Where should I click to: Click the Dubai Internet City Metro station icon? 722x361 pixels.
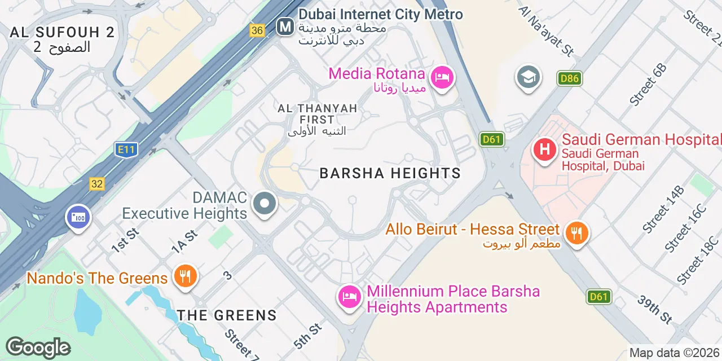(x=285, y=27)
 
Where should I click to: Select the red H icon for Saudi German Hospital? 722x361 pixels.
(x=544, y=150)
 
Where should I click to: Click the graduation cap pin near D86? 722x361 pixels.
(x=528, y=78)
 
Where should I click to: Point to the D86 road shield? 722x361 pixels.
(x=569, y=78)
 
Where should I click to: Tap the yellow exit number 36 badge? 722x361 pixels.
(x=257, y=30)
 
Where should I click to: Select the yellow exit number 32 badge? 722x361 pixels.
(x=96, y=184)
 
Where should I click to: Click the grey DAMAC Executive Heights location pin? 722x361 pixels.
(x=264, y=204)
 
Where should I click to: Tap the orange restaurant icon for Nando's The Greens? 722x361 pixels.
(x=184, y=276)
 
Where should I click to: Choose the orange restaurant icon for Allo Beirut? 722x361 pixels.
(x=575, y=232)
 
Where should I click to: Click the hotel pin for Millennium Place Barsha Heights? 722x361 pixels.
(x=350, y=297)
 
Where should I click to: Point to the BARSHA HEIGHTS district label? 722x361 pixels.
(x=390, y=173)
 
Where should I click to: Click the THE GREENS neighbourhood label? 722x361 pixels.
(x=227, y=315)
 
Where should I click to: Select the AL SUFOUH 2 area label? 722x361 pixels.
(x=62, y=32)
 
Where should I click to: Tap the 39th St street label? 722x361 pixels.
(x=655, y=309)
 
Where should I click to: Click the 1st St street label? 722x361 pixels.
(x=125, y=241)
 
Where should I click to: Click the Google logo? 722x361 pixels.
(x=38, y=347)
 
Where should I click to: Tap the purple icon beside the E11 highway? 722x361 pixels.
(x=78, y=217)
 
